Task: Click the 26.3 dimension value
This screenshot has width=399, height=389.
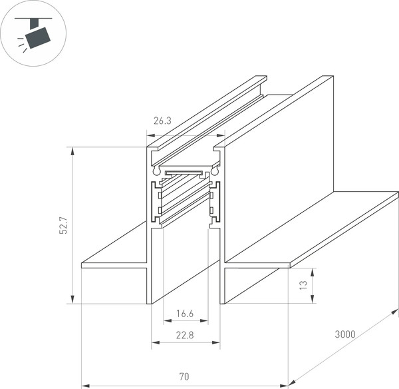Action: tap(162, 121)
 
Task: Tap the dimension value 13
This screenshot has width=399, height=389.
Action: tap(303, 285)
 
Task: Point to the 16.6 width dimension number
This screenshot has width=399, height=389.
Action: tap(185, 313)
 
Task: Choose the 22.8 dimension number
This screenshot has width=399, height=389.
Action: tap(185, 335)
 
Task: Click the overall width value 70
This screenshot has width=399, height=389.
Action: tap(183, 377)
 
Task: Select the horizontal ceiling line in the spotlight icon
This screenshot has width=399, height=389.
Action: tap(33, 15)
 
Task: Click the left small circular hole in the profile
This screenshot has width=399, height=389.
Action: tap(157, 171)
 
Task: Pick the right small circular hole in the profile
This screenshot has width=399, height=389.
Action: tap(215, 171)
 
